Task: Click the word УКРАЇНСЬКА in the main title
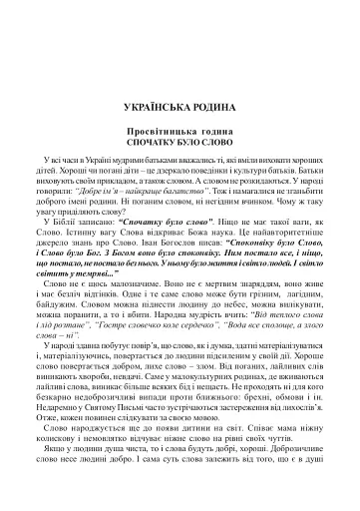(152, 105)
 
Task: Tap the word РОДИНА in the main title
(213, 105)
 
